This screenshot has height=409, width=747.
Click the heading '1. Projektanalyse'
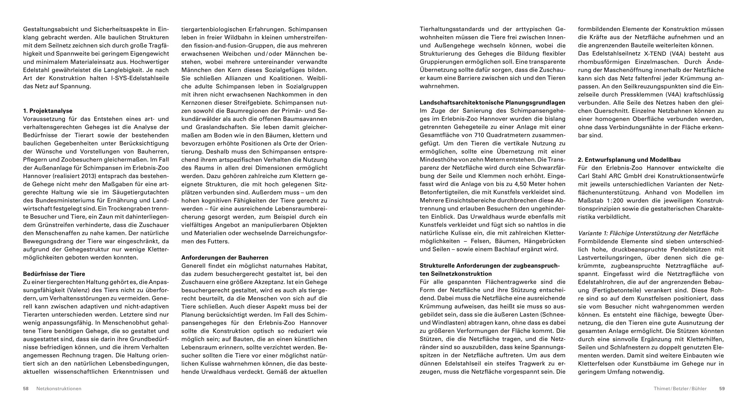[x=48, y=111]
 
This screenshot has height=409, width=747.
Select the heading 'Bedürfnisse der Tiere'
[x=54, y=274]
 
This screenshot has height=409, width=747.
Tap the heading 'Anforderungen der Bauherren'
[x=225, y=258]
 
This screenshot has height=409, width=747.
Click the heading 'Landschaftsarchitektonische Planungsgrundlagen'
[x=492, y=102]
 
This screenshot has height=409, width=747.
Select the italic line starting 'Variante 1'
[x=648, y=233]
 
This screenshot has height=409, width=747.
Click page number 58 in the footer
[x=26, y=389]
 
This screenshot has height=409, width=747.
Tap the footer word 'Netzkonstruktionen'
[x=59, y=389]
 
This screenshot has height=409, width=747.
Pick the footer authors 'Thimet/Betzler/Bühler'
[x=680, y=389]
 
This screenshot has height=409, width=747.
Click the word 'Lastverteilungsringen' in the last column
[x=608, y=258]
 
